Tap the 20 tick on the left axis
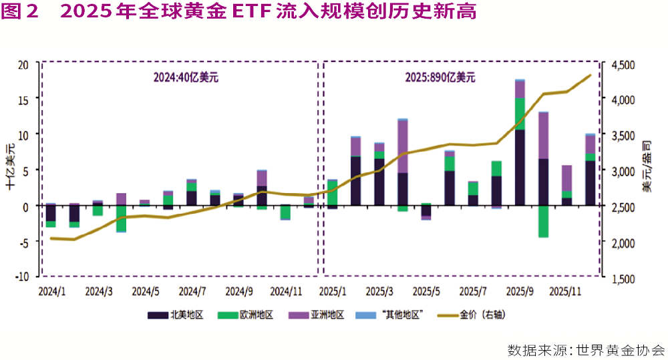click(23, 64)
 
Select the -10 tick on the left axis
click(22, 276)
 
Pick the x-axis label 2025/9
click(520, 292)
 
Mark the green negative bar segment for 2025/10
click(543, 221)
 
